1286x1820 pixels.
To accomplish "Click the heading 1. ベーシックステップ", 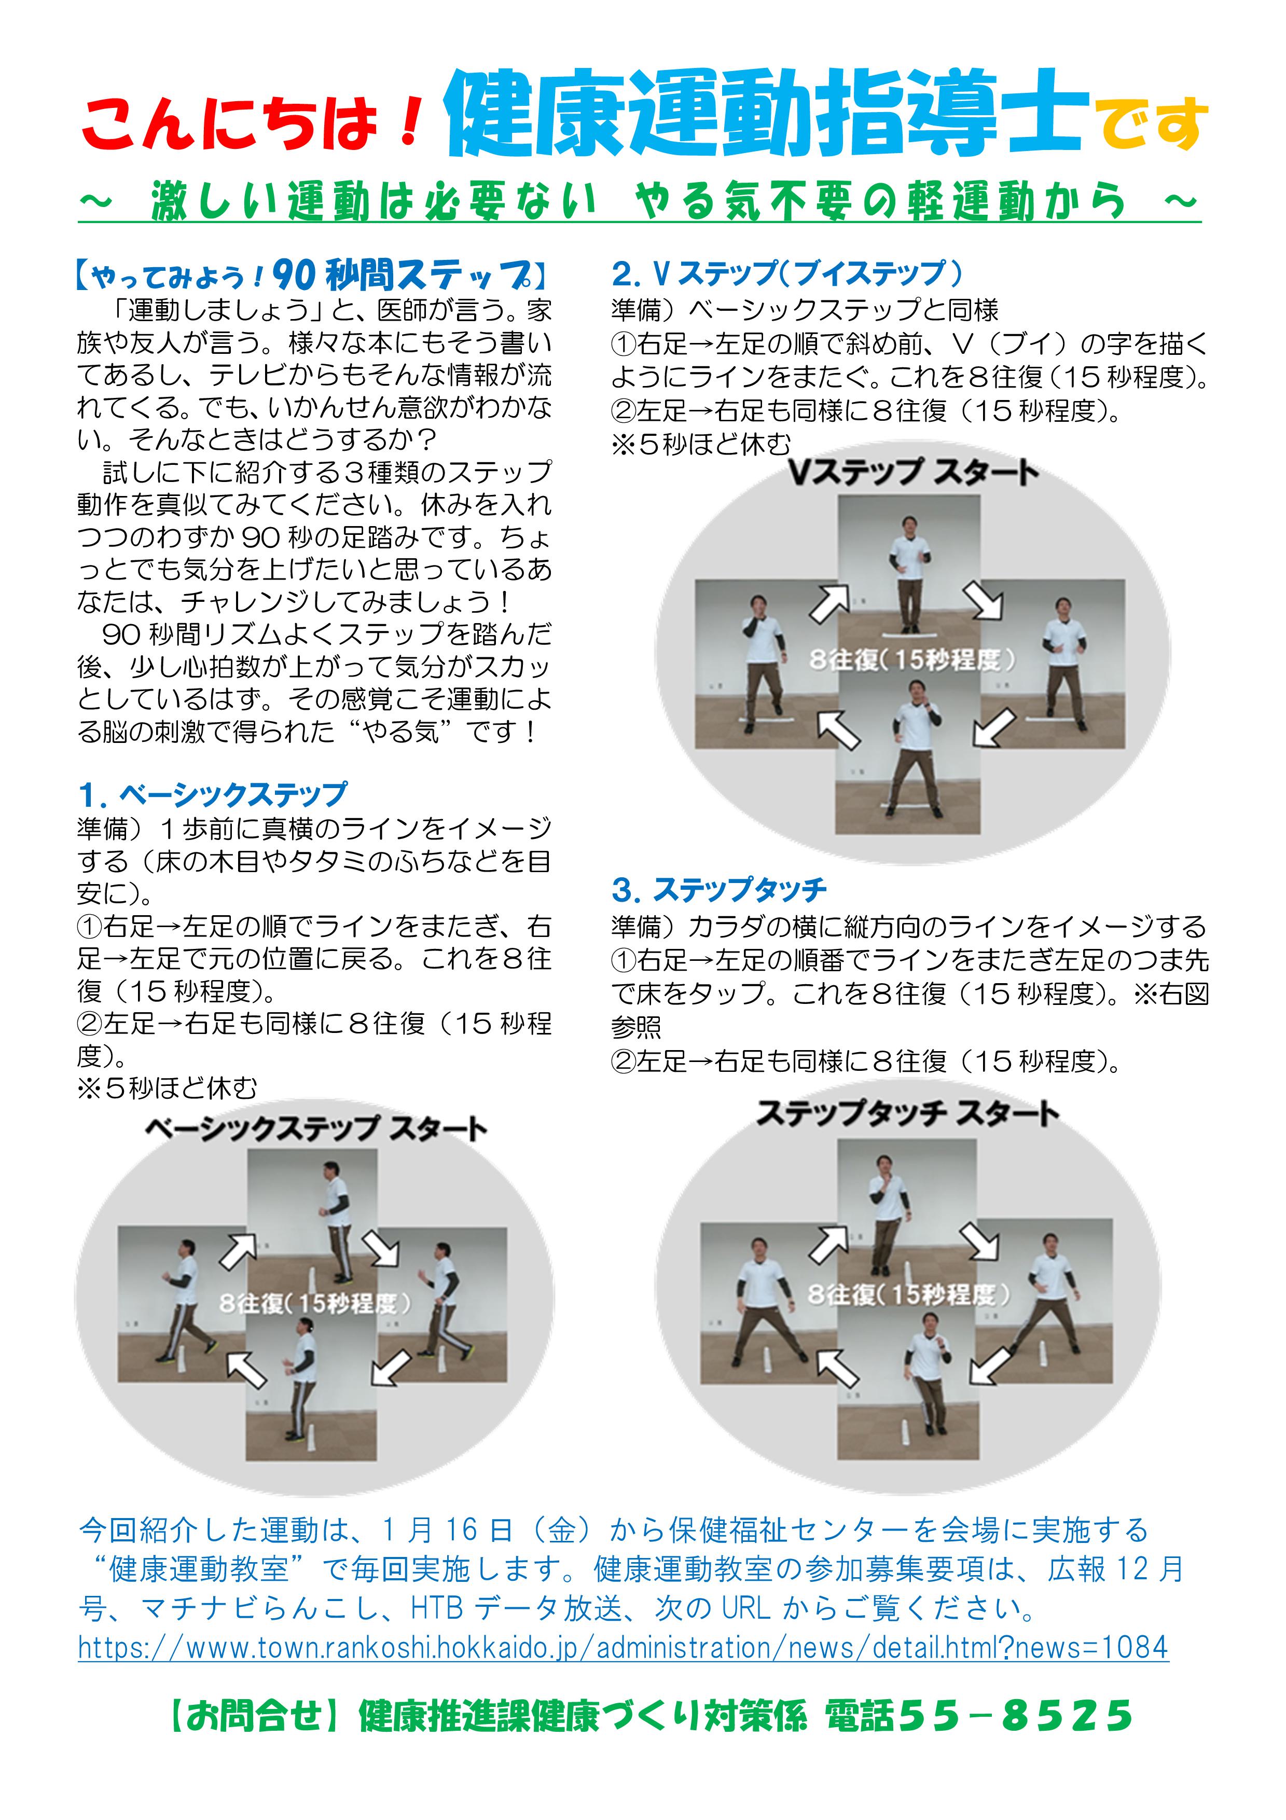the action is click(x=212, y=793).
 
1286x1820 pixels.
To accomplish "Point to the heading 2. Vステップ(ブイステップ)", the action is click(x=787, y=273).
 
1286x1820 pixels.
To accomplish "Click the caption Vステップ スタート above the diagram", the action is click(x=914, y=473).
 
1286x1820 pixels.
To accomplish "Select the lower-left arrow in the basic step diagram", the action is click(x=247, y=1370).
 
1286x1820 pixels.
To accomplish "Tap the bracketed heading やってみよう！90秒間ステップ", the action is click(x=311, y=275).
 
